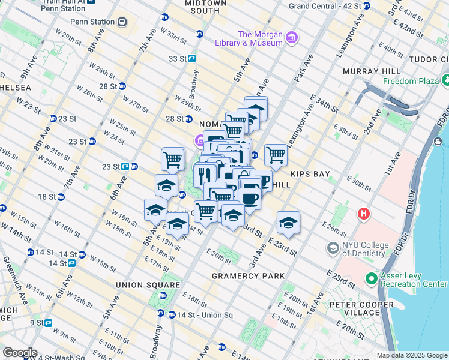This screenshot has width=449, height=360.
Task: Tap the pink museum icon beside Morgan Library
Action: [x=292, y=38]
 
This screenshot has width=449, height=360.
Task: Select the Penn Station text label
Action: [x=92, y=22]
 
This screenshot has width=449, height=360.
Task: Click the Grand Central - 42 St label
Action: [x=325, y=5]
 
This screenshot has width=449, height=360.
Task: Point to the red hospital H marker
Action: [x=363, y=213]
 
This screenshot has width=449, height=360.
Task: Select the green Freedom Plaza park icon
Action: [x=446, y=80]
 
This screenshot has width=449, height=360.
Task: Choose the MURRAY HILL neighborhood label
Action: [x=367, y=71]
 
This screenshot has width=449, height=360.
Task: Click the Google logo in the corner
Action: [x=20, y=353]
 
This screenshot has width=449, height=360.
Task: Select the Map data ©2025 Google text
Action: [x=412, y=355]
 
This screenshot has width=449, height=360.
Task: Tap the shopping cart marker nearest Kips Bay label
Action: [x=276, y=155]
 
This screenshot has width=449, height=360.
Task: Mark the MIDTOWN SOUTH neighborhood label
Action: [x=206, y=7]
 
